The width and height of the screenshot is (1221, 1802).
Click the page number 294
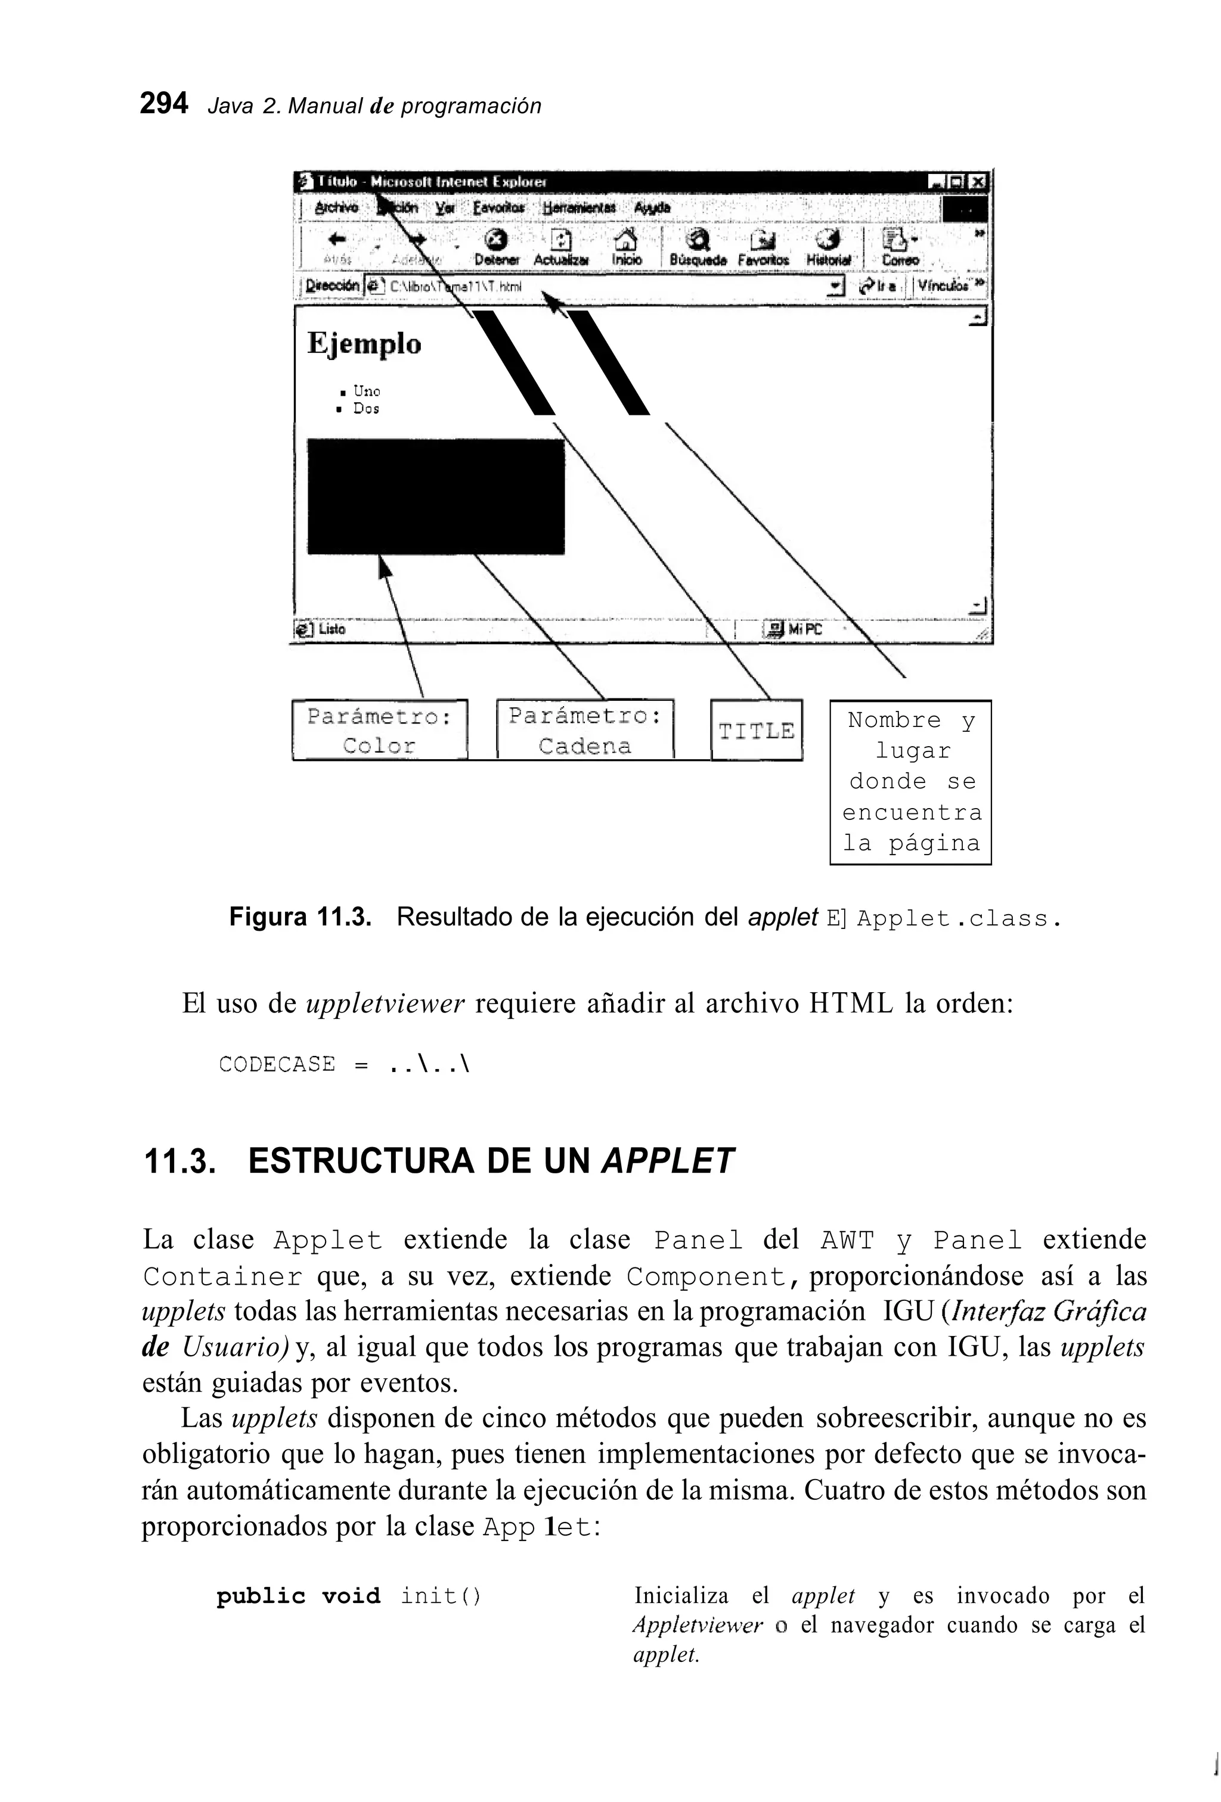point(164,103)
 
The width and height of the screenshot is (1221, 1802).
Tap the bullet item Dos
point(365,409)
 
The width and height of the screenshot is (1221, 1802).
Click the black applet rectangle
point(435,496)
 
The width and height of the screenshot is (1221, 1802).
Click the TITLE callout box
point(757,731)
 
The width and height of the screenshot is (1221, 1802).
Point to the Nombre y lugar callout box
point(911,782)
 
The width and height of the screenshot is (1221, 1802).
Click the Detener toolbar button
point(497,247)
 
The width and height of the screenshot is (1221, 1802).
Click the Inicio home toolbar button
point(626,247)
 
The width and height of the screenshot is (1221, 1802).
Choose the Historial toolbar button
point(829,247)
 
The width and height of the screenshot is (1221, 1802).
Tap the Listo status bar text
point(331,629)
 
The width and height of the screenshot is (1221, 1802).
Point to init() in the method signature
point(441,1596)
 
